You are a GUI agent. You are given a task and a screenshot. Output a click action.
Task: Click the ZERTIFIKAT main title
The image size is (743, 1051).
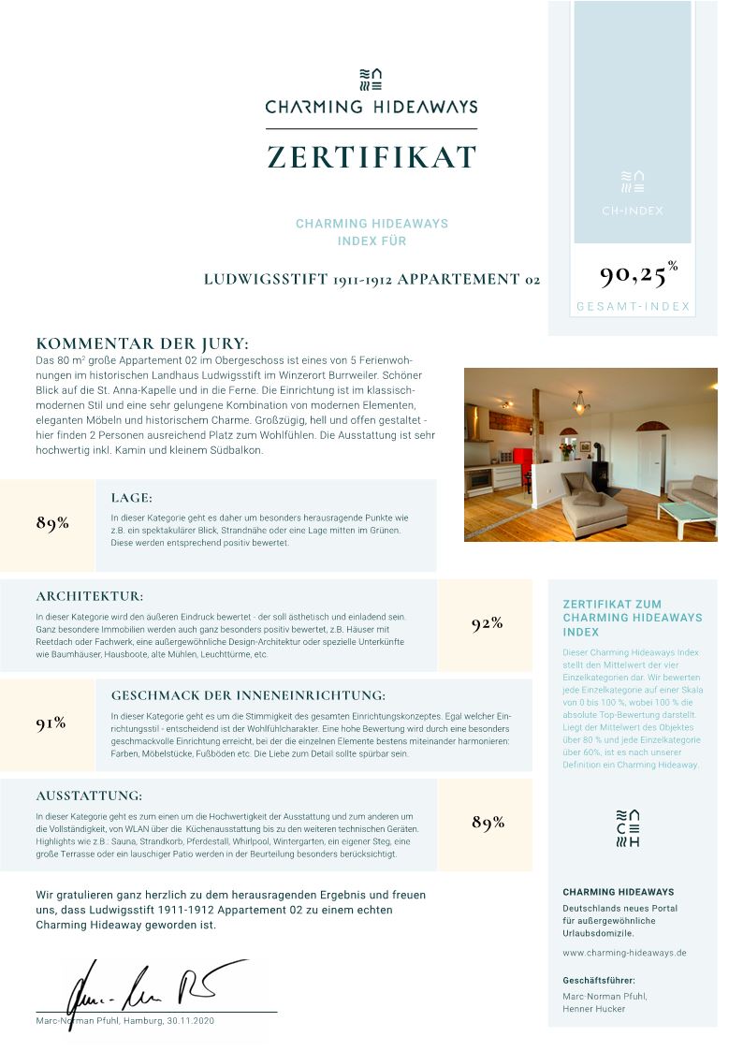click(371, 156)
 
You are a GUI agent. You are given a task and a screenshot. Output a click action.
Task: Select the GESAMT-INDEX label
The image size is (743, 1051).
click(633, 307)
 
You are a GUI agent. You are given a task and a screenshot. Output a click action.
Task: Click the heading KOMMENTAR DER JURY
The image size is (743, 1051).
click(142, 343)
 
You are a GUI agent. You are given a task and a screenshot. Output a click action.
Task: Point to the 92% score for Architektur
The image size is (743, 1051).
click(487, 623)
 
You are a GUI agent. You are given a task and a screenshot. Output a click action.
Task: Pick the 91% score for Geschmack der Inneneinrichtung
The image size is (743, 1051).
click(51, 723)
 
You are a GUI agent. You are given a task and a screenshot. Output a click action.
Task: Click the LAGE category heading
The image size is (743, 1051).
click(131, 498)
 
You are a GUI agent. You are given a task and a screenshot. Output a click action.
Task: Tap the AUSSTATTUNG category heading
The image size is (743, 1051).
click(89, 796)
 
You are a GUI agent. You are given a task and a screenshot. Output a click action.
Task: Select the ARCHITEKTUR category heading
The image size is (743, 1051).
click(90, 596)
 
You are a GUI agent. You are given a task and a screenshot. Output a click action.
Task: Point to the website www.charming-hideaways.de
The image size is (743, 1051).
click(624, 953)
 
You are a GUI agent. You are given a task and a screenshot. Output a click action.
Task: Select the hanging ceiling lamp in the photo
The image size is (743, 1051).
click(581, 404)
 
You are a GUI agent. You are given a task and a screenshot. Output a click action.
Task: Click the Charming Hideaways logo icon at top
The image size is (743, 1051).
click(371, 79)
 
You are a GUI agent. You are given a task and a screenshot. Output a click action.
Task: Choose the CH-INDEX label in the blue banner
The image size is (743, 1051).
click(633, 211)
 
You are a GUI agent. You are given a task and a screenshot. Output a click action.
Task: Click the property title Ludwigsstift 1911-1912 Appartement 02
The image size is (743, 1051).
click(371, 279)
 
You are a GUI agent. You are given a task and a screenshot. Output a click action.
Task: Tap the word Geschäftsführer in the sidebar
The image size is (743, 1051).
click(599, 980)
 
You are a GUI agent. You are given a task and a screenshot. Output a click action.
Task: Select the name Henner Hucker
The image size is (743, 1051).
click(593, 1009)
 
